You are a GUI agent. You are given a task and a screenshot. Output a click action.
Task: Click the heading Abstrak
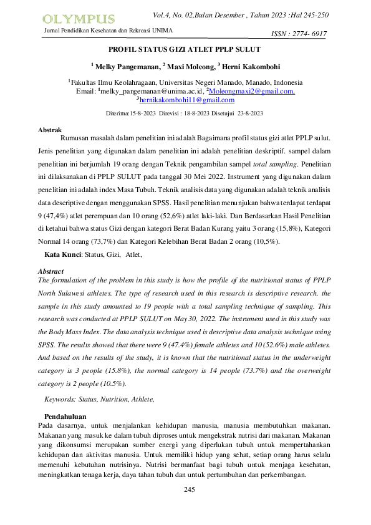coord(50,129)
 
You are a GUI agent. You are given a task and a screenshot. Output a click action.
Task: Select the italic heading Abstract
coord(51,272)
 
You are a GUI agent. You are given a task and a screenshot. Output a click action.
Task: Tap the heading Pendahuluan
coord(65,416)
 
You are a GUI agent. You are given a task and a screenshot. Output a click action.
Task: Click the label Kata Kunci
coord(63,254)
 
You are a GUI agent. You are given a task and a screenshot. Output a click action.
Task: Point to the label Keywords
coord(60,398)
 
